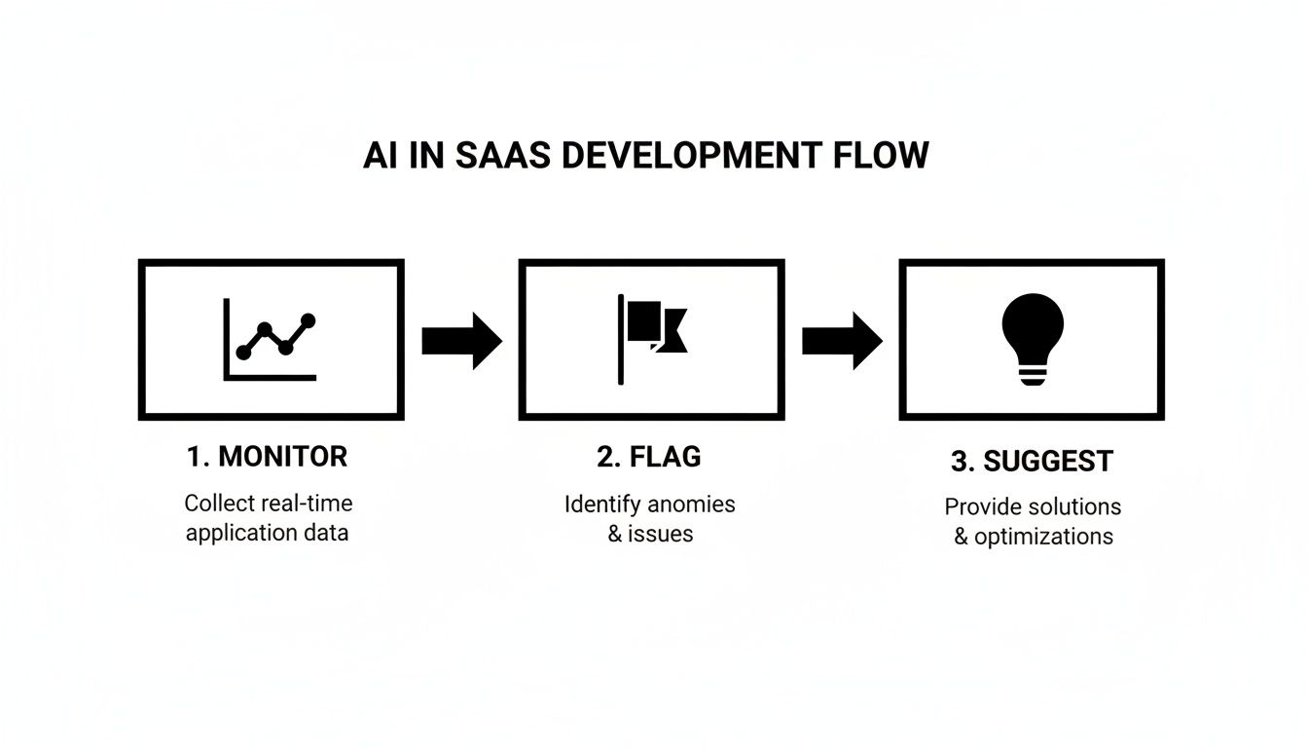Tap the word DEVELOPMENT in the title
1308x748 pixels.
click(x=692, y=156)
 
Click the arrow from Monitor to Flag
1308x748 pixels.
click(x=461, y=340)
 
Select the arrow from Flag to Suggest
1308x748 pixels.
click(x=842, y=340)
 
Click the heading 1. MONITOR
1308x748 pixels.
click(x=267, y=456)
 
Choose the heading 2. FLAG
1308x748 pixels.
click(x=649, y=456)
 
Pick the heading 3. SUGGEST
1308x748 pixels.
click(x=1032, y=461)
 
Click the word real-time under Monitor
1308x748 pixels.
click(x=307, y=504)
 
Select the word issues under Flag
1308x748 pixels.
click(x=661, y=533)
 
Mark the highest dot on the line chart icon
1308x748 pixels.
click(x=309, y=319)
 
